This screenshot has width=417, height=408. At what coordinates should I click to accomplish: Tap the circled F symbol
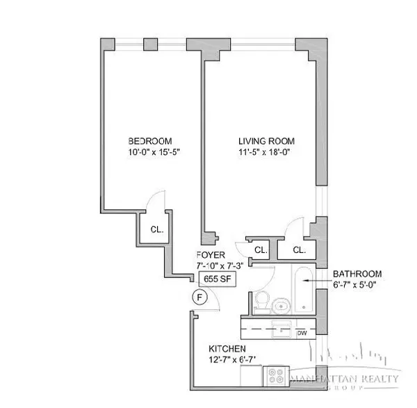pos(199,297)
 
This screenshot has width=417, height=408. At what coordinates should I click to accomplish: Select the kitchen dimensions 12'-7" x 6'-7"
pos(231,360)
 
